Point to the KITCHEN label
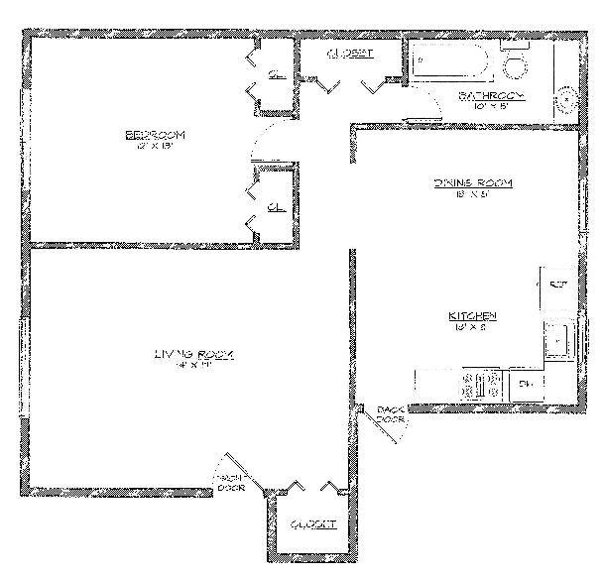click(474, 316)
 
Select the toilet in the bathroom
click(515, 62)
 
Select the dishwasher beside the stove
click(527, 385)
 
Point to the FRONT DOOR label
click(232, 482)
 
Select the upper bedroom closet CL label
click(277, 71)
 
